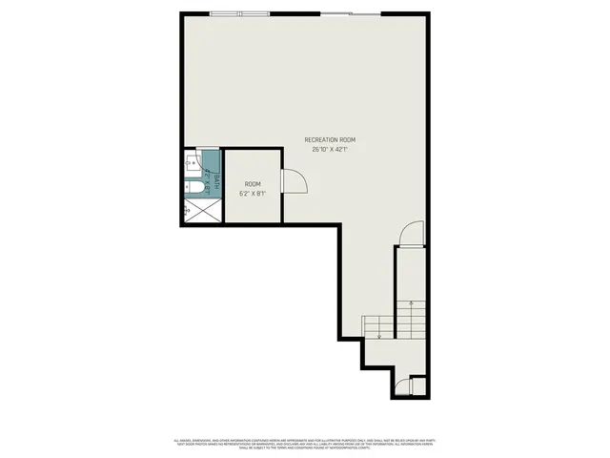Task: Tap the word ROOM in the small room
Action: tap(253, 184)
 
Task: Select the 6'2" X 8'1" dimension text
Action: tap(253, 193)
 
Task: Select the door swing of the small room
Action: tap(294, 179)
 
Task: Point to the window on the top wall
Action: tap(238, 13)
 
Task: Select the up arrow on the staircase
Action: tap(411, 306)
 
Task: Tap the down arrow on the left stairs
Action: tap(378, 333)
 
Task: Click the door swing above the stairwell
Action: tap(410, 234)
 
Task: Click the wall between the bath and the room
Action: tap(223, 186)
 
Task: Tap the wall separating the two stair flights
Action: tap(395, 296)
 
